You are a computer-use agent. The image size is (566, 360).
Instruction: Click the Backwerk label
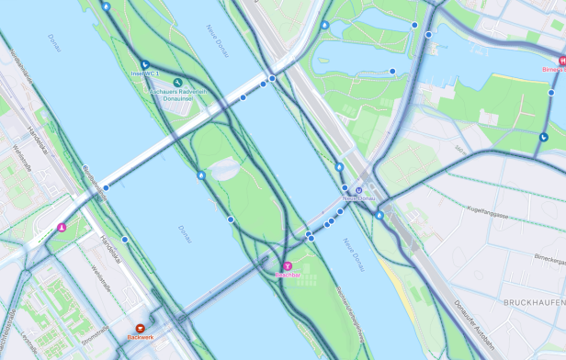click(141, 338)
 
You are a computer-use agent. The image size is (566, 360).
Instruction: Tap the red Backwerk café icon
click(141, 327)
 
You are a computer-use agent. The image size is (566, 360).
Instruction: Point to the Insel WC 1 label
click(146, 73)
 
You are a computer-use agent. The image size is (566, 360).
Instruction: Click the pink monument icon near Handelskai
click(62, 226)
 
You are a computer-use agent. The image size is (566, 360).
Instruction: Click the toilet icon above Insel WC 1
click(145, 63)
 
